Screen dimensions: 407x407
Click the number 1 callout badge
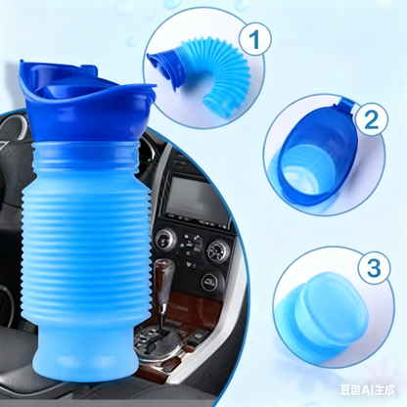(254, 39)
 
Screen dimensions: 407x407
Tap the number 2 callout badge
(372, 120)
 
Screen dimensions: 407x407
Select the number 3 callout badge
(374, 267)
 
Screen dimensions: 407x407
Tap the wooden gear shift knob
(164, 276)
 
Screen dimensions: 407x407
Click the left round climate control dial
(164, 241)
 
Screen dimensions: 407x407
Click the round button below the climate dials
(209, 281)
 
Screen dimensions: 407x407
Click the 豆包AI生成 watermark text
(367, 390)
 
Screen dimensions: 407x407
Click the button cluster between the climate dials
(190, 245)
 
